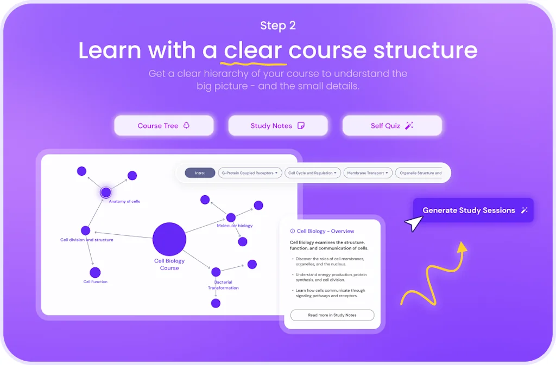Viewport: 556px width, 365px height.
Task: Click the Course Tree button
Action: [x=163, y=126]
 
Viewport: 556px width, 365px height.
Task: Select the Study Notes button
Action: [x=277, y=126]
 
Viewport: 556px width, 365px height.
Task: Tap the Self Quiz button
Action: [x=391, y=126]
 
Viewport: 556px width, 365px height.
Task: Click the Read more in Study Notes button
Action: [x=332, y=315]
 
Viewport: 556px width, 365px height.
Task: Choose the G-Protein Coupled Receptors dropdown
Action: [x=250, y=174]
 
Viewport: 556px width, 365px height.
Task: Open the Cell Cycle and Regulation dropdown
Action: [x=313, y=174]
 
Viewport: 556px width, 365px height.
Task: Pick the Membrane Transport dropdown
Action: [x=368, y=174]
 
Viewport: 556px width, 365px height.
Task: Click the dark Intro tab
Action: [x=200, y=174]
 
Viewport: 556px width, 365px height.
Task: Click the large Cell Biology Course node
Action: [x=169, y=239]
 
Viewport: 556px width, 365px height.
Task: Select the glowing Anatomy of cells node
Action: [x=106, y=192]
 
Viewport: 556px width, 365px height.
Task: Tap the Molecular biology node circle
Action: [x=231, y=217]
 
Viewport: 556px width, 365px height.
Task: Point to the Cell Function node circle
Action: [x=95, y=273]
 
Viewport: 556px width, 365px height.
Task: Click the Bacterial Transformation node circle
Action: [x=216, y=272]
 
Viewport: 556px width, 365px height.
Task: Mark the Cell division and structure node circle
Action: [x=85, y=230]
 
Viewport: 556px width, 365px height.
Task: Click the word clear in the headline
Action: [x=252, y=50]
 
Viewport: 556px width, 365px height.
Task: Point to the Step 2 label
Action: [x=277, y=25]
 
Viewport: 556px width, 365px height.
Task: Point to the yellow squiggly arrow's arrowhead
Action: [x=462, y=247]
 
